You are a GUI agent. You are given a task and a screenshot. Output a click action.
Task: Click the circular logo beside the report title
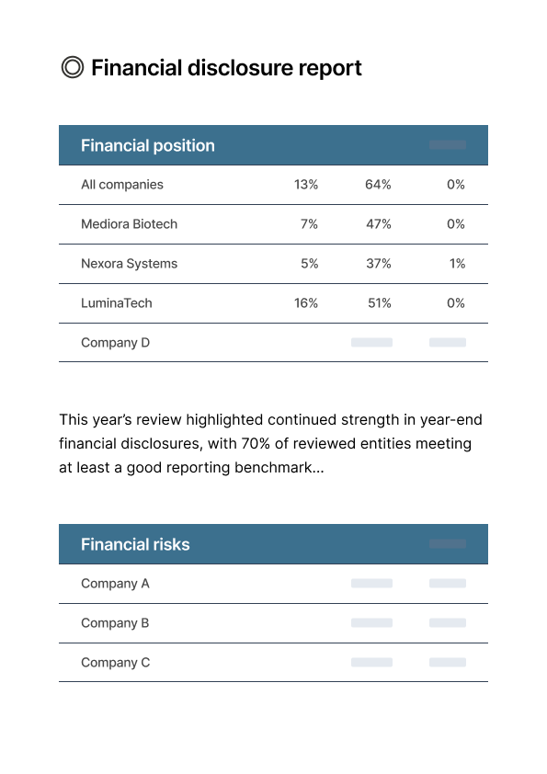click(72, 67)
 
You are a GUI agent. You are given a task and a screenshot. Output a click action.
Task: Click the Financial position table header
click(148, 145)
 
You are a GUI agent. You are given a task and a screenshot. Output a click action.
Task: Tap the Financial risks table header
click(135, 544)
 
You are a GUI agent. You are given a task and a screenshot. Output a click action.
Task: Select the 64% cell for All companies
click(378, 185)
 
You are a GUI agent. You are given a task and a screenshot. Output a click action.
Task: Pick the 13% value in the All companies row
click(306, 185)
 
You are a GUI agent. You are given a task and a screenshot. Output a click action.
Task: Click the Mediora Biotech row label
click(129, 224)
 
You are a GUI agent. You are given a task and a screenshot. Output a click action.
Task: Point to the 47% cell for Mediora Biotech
click(378, 224)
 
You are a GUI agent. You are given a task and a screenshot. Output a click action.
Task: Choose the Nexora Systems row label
click(129, 264)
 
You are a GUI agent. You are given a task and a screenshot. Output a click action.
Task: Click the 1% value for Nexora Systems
click(457, 264)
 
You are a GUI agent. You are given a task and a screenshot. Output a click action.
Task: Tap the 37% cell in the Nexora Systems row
click(378, 264)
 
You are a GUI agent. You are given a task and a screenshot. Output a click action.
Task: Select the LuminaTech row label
click(117, 303)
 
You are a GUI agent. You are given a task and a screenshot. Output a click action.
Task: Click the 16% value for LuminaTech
click(306, 303)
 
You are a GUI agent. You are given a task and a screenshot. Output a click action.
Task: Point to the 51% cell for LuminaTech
click(379, 303)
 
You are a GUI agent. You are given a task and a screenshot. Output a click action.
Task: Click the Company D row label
click(115, 343)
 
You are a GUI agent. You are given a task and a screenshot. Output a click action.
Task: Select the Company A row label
click(115, 584)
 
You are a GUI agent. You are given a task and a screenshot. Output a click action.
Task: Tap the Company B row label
click(115, 623)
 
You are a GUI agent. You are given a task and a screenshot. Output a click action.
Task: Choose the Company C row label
click(115, 663)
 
